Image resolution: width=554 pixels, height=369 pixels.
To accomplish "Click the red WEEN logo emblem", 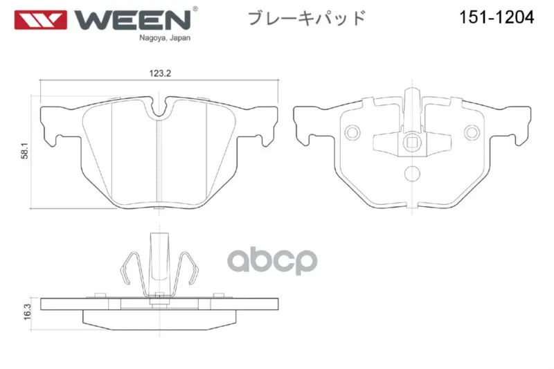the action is click(40, 20).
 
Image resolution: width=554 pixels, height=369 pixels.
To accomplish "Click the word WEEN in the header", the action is click(132, 20).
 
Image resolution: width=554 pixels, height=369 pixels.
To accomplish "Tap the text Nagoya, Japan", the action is click(165, 38).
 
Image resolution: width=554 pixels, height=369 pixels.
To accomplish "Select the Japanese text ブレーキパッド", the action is click(306, 18).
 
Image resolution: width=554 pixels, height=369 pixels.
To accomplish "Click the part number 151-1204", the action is click(497, 17).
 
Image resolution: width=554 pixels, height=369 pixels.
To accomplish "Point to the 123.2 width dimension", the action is click(160, 73).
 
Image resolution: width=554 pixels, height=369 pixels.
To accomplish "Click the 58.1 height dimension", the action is click(24, 151).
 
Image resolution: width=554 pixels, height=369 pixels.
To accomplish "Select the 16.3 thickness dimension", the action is click(27, 312).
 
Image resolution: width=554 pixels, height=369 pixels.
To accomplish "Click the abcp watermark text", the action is click(272, 261).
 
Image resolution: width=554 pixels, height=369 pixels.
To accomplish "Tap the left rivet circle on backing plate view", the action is click(352, 132).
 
